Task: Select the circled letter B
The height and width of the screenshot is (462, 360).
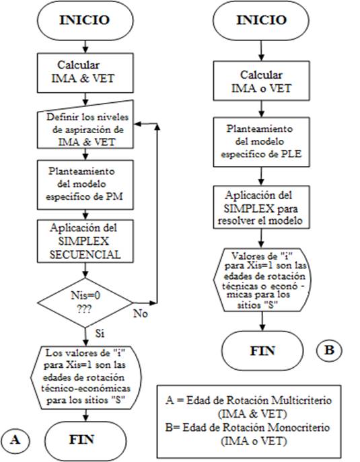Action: [328, 350]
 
